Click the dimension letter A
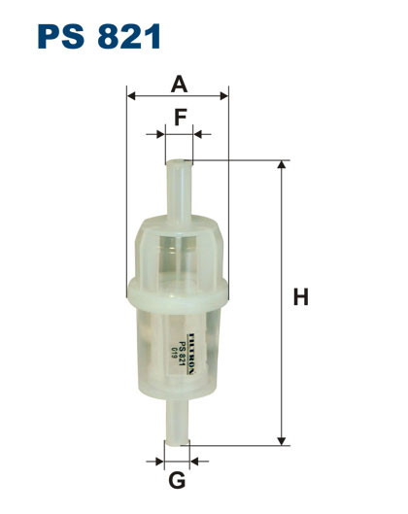[x=178, y=85]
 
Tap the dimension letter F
[x=179, y=118]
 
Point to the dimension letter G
[x=177, y=481]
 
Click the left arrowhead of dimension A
[x=131, y=97]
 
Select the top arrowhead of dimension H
[x=282, y=165]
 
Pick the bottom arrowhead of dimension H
[x=282, y=439]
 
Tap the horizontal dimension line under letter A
[x=178, y=97]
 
